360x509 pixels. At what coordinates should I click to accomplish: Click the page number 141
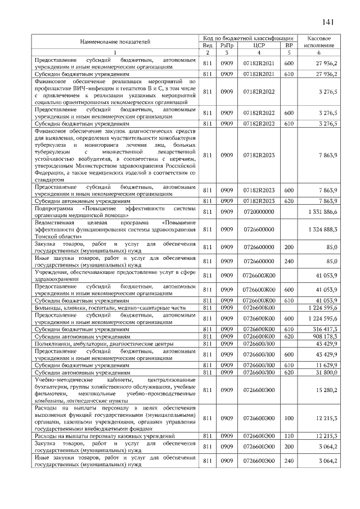pyautogui.click(x=328, y=22)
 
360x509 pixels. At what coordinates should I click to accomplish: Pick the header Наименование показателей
pyautogui.click(x=115, y=41)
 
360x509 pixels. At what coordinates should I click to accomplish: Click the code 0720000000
pyautogui.click(x=259, y=211)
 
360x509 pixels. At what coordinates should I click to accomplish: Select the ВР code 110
pyautogui.click(x=289, y=435)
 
